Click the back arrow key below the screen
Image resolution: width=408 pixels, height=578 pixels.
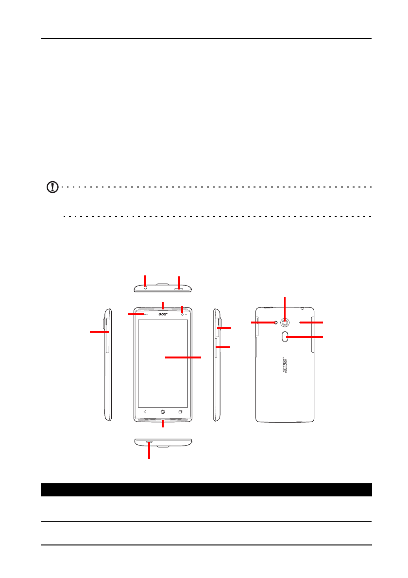click(x=144, y=411)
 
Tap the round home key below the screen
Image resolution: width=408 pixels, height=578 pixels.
click(x=163, y=411)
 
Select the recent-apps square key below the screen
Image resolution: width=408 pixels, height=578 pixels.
click(x=181, y=411)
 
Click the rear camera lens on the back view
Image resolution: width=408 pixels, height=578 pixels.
click(x=285, y=323)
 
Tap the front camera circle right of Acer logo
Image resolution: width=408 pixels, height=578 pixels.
click(x=182, y=314)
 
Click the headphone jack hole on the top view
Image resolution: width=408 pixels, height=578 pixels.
click(x=145, y=287)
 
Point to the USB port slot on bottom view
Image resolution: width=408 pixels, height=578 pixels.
click(x=149, y=442)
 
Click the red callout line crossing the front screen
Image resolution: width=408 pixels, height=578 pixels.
click(x=183, y=357)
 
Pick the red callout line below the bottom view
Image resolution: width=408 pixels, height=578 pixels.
click(x=149, y=452)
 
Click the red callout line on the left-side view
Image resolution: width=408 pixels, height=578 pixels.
click(x=99, y=332)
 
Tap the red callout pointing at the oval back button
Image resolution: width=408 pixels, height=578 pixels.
click(x=306, y=337)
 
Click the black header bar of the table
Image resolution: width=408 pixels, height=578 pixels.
click(x=206, y=489)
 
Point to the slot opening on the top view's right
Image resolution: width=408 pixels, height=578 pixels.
click(x=180, y=288)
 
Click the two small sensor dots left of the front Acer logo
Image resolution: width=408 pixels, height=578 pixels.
click(x=145, y=315)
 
